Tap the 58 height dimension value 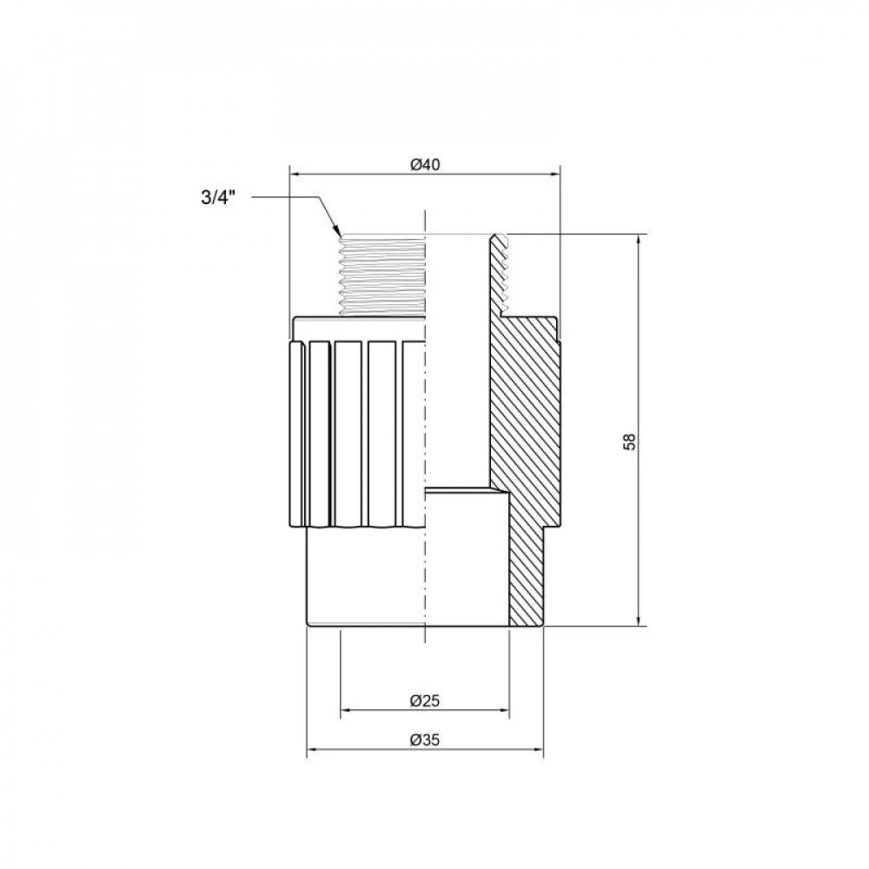click(x=630, y=441)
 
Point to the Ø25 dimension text click(x=423, y=700)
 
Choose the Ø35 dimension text click(x=423, y=741)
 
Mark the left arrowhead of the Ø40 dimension click(x=294, y=175)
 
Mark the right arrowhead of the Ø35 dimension click(x=539, y=753)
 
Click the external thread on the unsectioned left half click(x=382, y=274)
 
